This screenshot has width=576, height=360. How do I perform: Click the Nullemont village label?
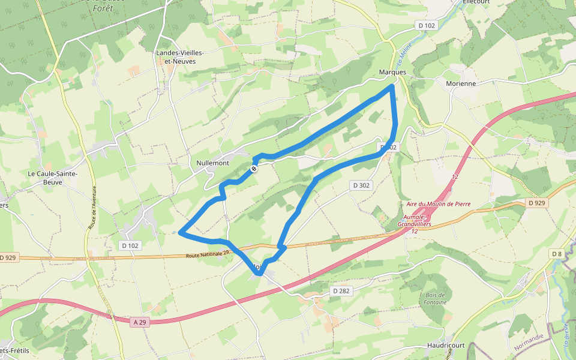213,163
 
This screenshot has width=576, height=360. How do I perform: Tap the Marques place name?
392,72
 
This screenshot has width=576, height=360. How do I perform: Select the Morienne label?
461,83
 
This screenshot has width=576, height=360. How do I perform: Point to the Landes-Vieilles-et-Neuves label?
180,57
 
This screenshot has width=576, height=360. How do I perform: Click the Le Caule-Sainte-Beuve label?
53,177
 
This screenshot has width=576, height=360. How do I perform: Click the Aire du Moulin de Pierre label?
439,204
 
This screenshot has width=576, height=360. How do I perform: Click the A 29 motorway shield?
140,322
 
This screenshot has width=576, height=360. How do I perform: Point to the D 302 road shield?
361,185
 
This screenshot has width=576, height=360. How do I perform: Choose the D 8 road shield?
557,254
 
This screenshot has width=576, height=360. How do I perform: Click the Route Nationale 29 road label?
208,254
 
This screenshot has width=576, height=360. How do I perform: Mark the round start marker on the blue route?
254,169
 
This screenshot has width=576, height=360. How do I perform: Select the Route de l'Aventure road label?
93,208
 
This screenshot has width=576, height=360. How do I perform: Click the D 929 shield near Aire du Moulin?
537,203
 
